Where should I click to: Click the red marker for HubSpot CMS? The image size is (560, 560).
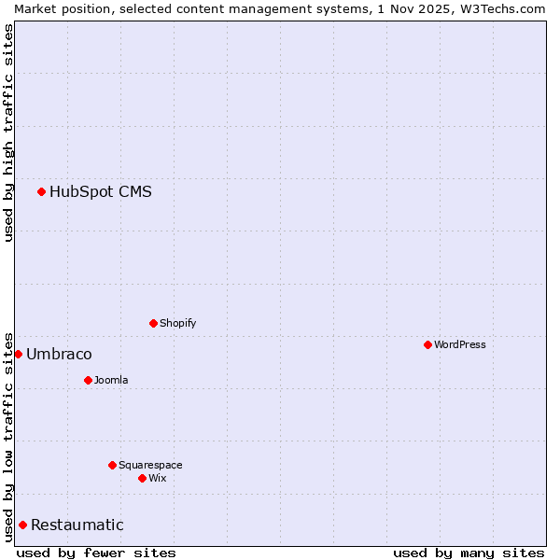[41, 192]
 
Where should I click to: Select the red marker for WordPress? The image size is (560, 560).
[427, 344]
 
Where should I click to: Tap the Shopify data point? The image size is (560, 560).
[153, 323]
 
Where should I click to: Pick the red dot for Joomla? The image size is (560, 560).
[88, 380]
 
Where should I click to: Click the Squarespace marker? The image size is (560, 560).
[112, 465]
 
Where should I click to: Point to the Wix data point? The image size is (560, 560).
[142, 478]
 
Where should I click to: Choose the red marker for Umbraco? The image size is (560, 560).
[18, 354]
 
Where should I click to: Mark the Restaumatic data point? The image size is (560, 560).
[22, 525]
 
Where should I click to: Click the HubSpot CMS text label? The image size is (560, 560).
[101, 192]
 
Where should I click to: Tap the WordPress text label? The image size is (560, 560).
[460, 344]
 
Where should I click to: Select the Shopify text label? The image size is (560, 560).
[178, 323]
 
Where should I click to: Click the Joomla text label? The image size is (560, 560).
[111, 380]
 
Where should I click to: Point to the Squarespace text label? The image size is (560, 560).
[150, 465]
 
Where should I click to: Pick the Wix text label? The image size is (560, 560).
[158, 478]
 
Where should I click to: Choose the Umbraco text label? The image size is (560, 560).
[59, 354]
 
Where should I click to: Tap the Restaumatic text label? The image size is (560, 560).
[77, 525]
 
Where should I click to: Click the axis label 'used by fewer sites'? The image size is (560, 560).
[96, 553]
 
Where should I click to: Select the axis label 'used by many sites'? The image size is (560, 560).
[469, 553]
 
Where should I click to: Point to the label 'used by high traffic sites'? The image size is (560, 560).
[8, 133]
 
